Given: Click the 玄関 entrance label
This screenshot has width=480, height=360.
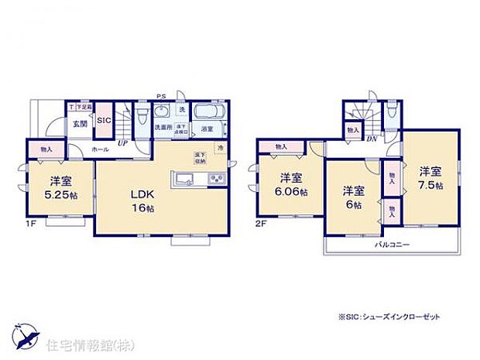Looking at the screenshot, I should (80, 124).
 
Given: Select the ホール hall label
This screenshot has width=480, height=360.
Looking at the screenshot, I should (100, 148).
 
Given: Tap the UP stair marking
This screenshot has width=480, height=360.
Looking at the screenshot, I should (122, 142).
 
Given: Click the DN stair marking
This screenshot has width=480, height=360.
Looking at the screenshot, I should (372, 139).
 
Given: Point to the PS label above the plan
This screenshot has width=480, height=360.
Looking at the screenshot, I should (161, 96).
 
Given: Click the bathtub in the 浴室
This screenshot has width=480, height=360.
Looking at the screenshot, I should (207, 113).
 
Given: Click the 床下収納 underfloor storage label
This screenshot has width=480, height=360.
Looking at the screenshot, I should (199, 160).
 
